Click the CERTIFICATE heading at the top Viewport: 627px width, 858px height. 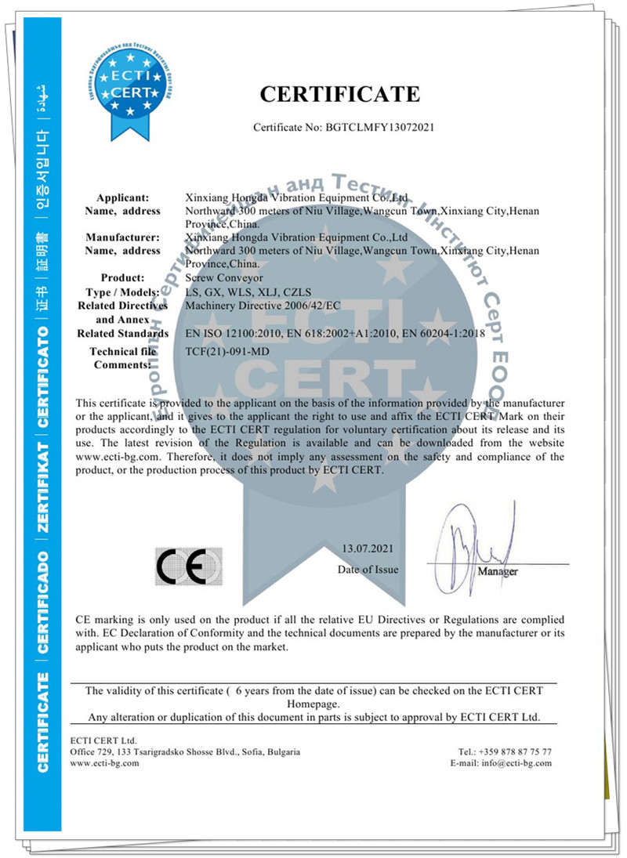point(340,94)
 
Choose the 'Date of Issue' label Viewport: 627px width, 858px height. point(368,570)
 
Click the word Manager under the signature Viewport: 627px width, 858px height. point(498,571)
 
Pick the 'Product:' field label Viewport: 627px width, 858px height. point(122,277)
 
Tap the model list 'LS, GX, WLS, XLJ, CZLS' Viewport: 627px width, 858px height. point(242,291)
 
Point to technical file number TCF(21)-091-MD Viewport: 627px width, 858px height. point(229,352)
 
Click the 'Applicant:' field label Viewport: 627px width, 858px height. point(128,197)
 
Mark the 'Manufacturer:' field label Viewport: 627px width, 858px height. point(121,237)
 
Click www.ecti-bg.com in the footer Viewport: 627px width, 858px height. point(104,763)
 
